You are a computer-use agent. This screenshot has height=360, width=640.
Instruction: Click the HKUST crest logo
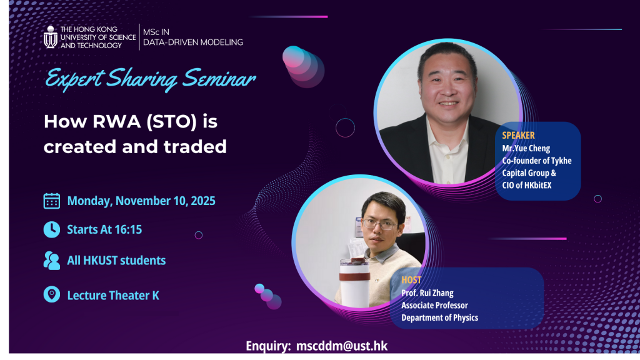tap(51, 37)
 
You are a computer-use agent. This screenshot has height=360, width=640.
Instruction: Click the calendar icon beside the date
tap(52, 201)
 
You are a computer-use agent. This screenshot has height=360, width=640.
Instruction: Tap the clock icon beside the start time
tap(52, 229)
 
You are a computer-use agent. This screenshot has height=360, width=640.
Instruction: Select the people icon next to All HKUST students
tap(52, 261)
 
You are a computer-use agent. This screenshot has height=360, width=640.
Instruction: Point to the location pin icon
tap(52, 294)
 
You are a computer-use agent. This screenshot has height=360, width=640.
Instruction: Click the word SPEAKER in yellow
tap(518, 136)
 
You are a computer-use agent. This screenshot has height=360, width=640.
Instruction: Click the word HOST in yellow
tap(411, 280)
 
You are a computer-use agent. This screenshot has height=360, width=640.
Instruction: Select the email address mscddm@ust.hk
tap(342, 346)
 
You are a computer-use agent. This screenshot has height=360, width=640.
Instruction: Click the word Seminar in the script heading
tap(219, 78)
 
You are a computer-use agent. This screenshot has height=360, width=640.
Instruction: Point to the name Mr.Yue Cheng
tap(526, 148)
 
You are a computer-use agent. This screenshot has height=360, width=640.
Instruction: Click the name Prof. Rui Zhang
tap(427, 293)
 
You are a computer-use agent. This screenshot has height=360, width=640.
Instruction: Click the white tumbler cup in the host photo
tap(355, 282)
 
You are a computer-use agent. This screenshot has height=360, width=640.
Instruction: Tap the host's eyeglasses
tap(379, 224)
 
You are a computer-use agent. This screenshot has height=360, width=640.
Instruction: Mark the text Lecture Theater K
tap(113, 296)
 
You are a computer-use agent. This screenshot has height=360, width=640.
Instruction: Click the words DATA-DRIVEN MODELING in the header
tap(193, 42)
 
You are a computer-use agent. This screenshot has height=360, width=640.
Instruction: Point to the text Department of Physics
tap(439, 317)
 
